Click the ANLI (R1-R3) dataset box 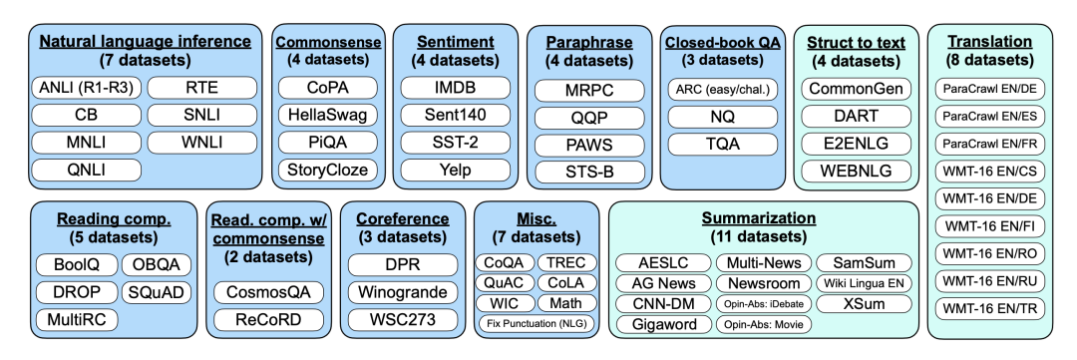pos(87,88)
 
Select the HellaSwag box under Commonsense pos(328,115)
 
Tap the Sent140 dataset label pos(456,115)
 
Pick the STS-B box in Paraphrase pos(589,172)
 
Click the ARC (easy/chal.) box pos(723,90)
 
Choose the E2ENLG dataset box pos(857,144)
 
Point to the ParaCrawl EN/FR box pos(990,144)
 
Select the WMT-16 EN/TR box pos(990,308)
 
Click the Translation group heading pos(990,42)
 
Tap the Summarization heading pos(758,219)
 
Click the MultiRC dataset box pos(76,319)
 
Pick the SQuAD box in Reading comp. pos(156,292)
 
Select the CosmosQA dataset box pos(268,292)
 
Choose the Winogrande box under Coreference pos(403,292)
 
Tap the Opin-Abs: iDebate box pos(763,303)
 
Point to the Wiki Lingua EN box pos(864,283)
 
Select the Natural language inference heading pos(145,42)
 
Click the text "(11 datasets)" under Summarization pos(758,237)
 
